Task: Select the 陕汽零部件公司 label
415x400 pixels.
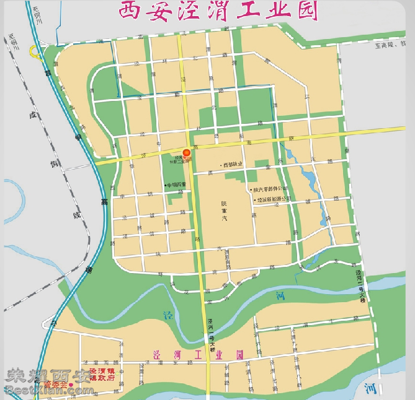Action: pos(270,188)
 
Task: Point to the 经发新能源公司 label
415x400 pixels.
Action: pos(274,199)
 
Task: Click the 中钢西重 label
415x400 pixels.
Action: pos(176,185)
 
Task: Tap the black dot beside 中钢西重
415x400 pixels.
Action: pos(165,185)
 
